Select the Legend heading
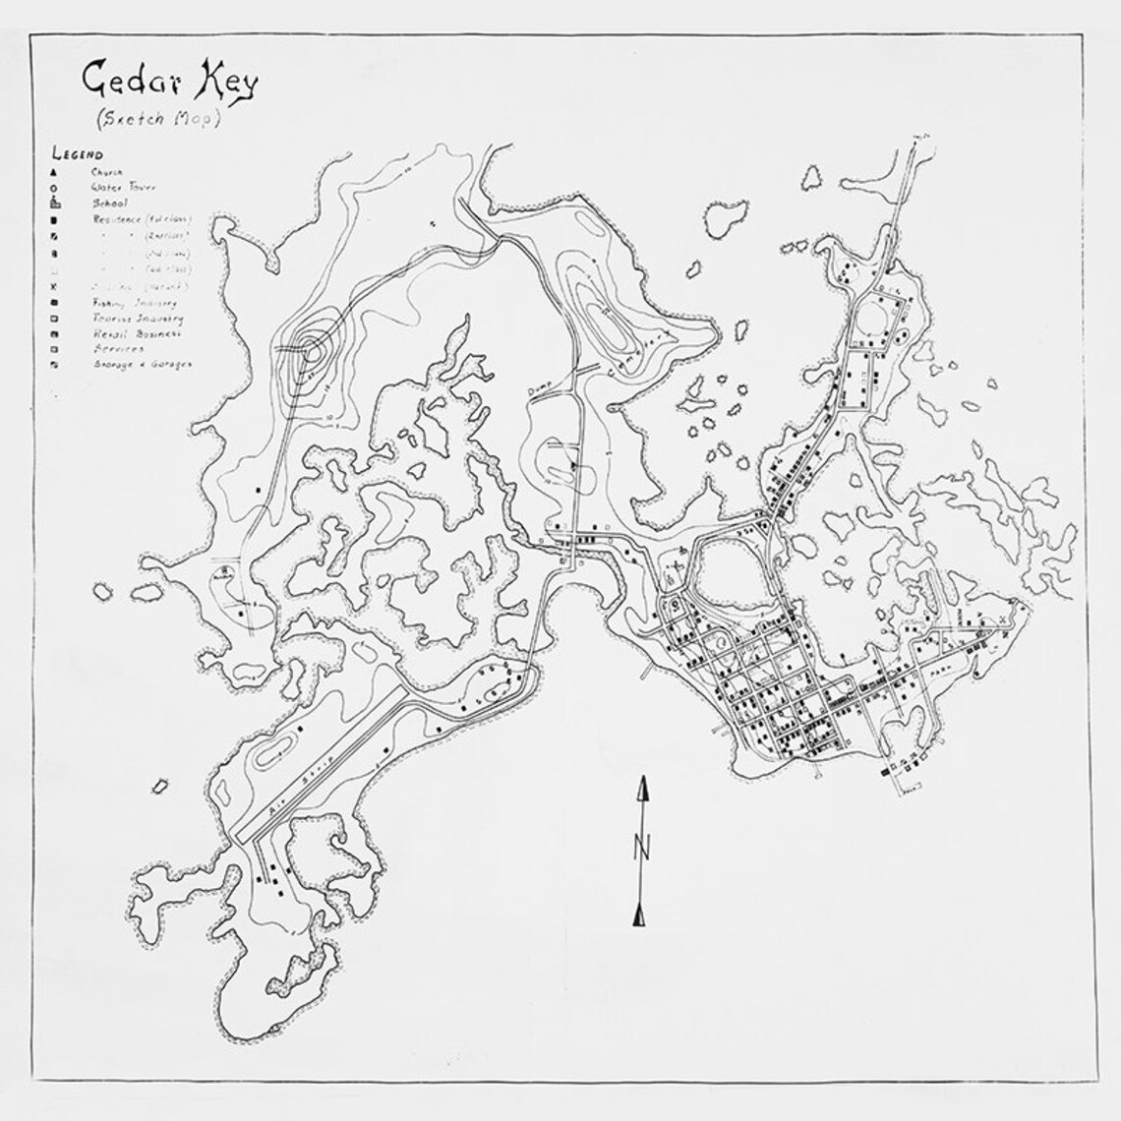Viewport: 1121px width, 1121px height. pos(78,154)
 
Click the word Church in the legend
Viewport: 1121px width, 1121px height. pos(109,171)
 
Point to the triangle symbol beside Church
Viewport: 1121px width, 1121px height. pos(57,171)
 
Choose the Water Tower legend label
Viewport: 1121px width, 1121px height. pos(124,186)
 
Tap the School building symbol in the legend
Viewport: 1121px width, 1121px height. pos(57,203)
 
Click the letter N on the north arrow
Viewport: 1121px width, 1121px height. pos(642,846)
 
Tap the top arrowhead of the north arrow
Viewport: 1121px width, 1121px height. pos(642,788)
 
